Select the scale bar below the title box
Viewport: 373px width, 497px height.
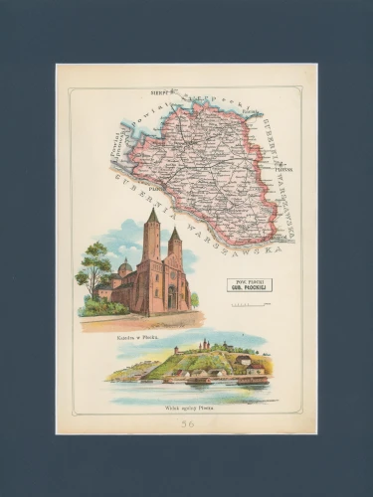tap(249, 303)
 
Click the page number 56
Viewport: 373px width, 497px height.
tap(187, 423)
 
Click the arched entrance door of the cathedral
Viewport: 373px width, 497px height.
tap(171, 297)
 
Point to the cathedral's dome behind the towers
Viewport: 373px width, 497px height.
tap(125, 268)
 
